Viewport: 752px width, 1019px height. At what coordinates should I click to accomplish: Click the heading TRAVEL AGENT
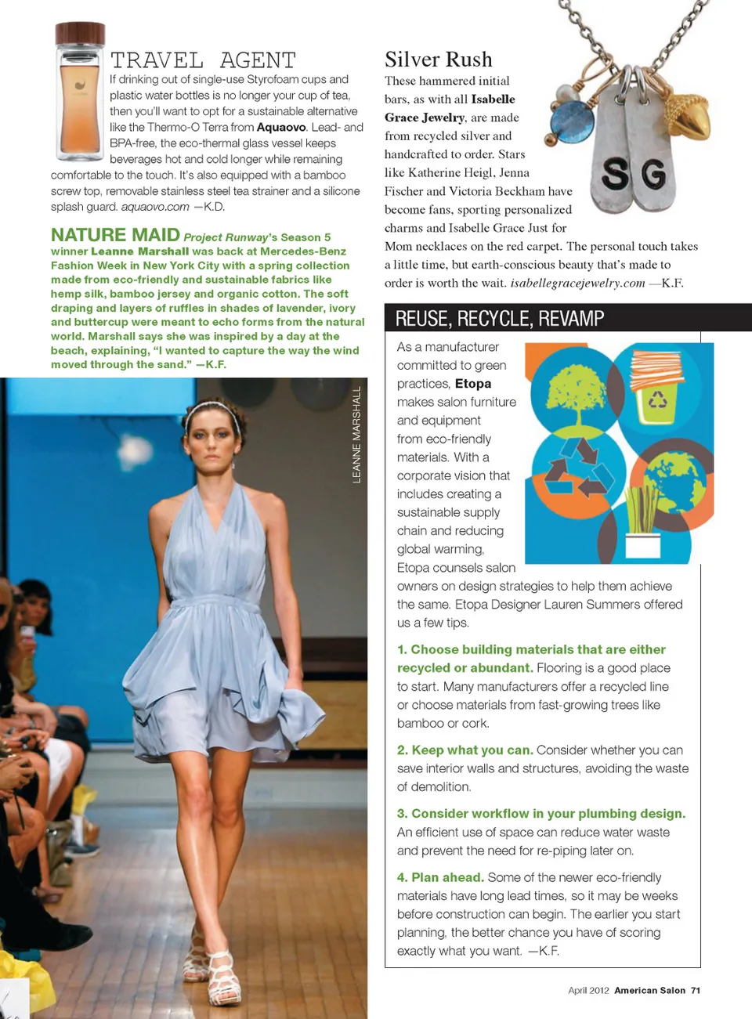203,60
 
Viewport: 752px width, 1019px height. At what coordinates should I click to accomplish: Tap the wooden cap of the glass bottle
80,34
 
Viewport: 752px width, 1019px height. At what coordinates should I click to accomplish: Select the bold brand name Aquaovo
281,127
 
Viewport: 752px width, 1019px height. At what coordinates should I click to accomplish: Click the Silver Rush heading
439,60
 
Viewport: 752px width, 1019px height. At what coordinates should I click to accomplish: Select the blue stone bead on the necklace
573,122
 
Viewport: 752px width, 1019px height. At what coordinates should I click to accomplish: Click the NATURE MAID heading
115,235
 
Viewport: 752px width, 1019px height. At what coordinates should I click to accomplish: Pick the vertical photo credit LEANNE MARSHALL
357,435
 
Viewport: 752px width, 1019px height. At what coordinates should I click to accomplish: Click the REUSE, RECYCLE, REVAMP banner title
500,319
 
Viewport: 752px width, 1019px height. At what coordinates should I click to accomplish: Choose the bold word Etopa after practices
473,384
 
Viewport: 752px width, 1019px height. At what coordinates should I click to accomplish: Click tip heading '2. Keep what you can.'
465,750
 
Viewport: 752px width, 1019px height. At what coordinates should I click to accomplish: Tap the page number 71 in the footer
696,990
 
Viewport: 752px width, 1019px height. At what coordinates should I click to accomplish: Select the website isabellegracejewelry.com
577,283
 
